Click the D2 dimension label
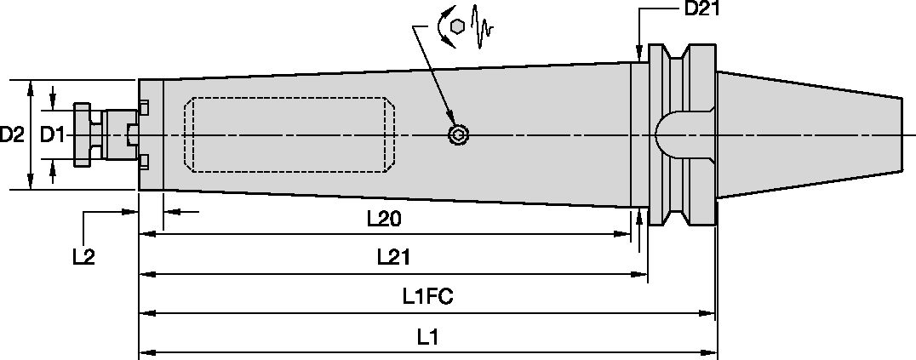pos(12,134)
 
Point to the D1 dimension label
pos(53,134)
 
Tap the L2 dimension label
pos(83,256)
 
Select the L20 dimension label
pos(384,219)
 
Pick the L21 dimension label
pos(392,257)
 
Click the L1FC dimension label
pos(427,296)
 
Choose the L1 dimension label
pos(427,336)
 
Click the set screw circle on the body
pos(459,135)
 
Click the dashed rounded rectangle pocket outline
pos(290,135)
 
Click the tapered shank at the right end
pos(809,135)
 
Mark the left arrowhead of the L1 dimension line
pos(145,351)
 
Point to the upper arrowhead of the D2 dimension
pos(31,86)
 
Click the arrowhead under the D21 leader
pos(639,54)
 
